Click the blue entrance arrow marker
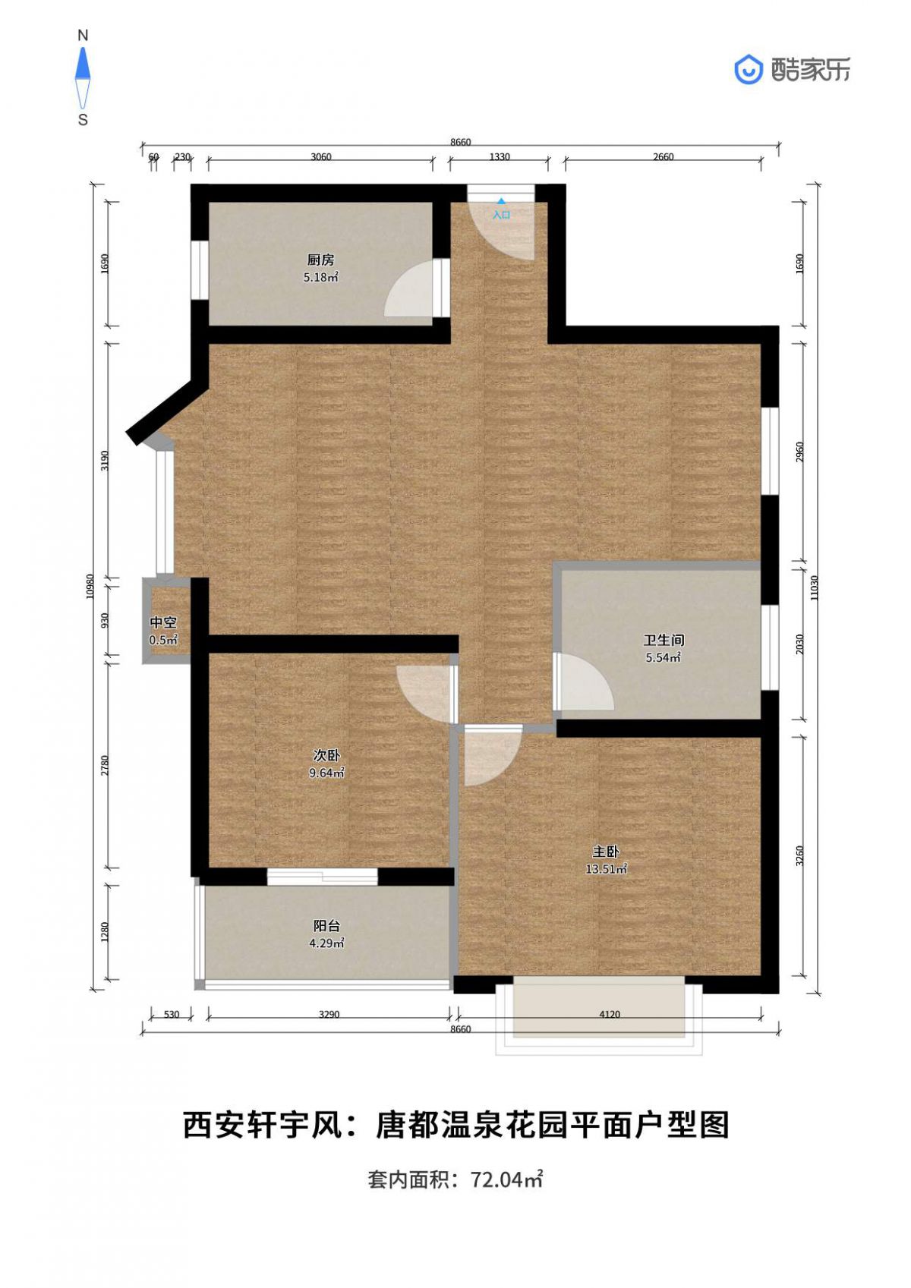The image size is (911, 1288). click(502, 202)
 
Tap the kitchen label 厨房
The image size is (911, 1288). click(320, 260)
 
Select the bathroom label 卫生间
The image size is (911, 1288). click(663, 640)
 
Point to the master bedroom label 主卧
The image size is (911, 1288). click(606, 852)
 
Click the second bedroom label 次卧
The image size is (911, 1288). click(326, 755)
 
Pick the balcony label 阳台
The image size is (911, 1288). click(326, 926)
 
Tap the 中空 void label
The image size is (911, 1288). click(163, 622)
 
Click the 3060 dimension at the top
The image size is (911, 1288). click(320, 156)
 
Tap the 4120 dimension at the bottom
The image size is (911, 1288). click(610, 1014)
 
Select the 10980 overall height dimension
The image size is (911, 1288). click(90, 587)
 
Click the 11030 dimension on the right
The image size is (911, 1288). click(813, 587)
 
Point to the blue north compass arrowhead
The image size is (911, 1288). click(84, 63)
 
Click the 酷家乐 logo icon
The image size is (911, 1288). click(749, 70)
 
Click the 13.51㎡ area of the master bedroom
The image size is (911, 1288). click(606, 869)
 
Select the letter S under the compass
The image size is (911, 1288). click(84, 120)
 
